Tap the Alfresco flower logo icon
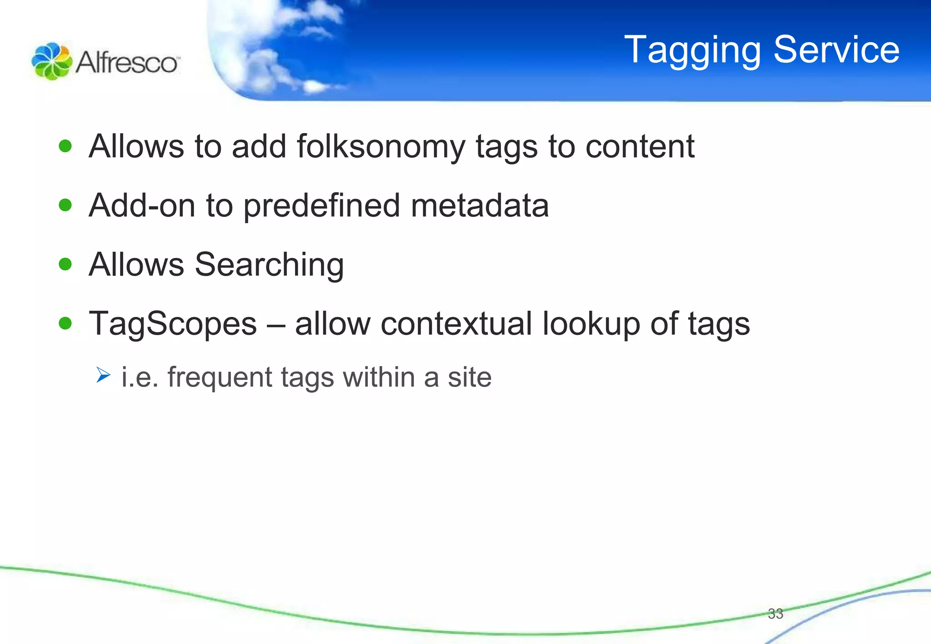click(x=51, y=61)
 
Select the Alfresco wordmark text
click(x=128, y=62)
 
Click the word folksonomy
click(x=381, y=147)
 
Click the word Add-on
click(x=142, y=205)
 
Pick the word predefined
click(x=321, y=206)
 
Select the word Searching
click(x=269, y=265)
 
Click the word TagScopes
click(x=173, y=324)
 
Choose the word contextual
click(x=456, y=324)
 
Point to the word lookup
click(x=591, y=324)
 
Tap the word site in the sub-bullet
click(x=470, y=377)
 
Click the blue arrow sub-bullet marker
click(x=103, y=375)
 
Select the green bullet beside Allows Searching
click(x=65, y=264)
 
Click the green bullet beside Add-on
click(x=65, y=205)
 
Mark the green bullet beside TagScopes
click(x=65, y=323)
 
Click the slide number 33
click(x=776, y=614)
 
